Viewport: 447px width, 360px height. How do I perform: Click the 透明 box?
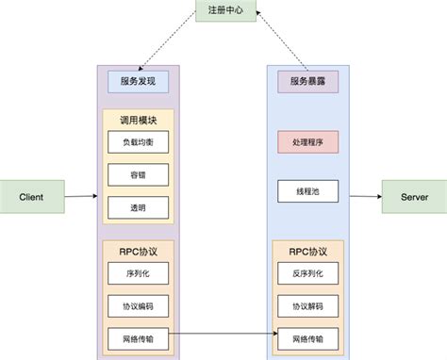pyautogui.click(x=138, y=205)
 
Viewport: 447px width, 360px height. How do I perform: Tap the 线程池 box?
pyautogui.click(x=307, y=190)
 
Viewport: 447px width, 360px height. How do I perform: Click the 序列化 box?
pyautogui.click(x=138, y=273)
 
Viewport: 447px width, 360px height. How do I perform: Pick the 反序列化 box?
pyautogui.click(x=307, y=273)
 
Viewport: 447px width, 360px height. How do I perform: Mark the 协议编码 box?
pyautogui.click(x=138, y=305)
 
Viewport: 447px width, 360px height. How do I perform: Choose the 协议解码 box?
pyautogui.click(x=307, y=305)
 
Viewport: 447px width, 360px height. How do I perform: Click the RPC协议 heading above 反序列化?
pyautogui.click(x=307, y=251)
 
